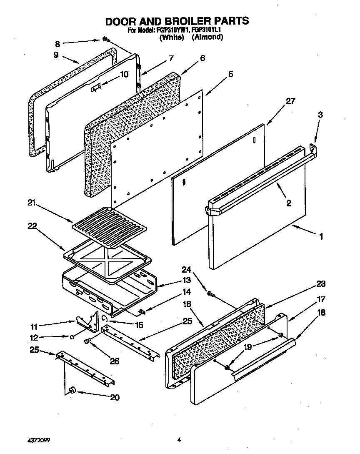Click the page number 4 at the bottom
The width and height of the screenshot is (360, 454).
point(178,439)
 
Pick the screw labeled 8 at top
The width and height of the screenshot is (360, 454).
point(106,40)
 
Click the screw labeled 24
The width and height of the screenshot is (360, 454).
point(211,294)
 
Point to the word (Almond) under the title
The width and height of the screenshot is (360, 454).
point(207,37)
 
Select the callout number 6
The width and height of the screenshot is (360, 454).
point(202,58)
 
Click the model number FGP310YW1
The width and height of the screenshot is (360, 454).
point(171,30)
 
